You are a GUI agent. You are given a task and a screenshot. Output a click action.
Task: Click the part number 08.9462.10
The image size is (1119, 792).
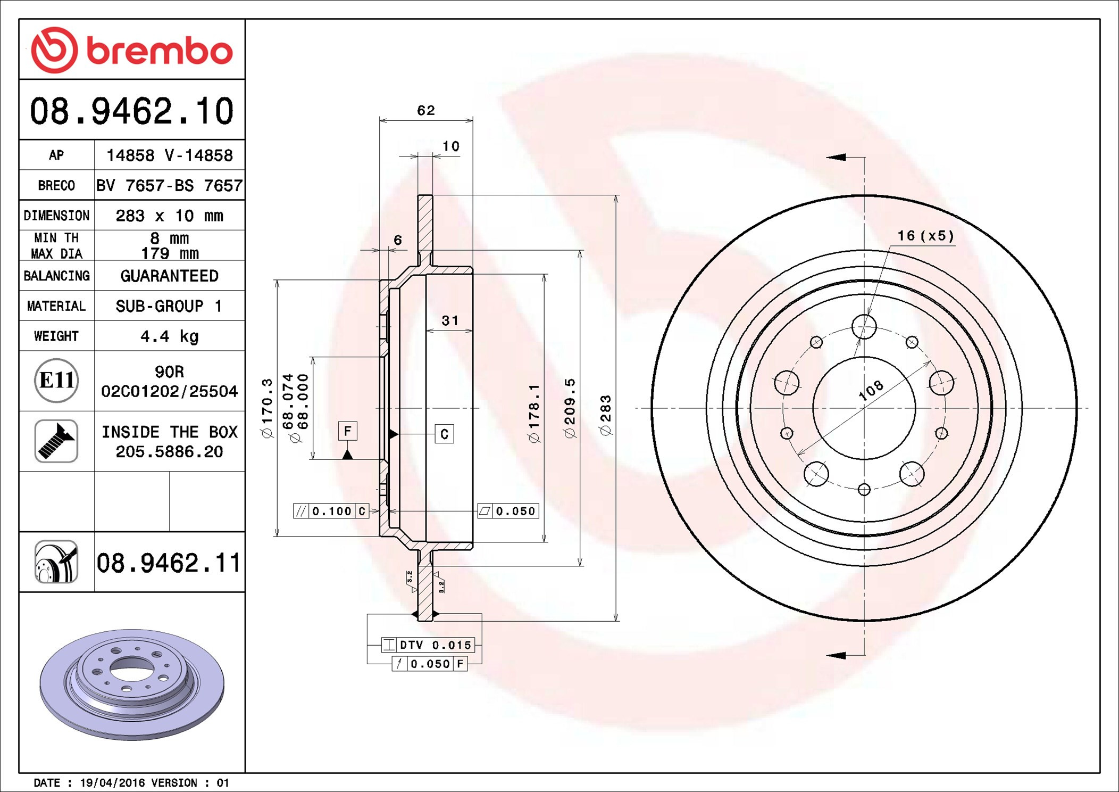(x=131, y=111)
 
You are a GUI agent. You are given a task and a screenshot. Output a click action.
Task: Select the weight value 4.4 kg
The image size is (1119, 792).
(x=169, y=336)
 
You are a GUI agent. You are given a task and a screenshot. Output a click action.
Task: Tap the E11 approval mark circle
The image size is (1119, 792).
(x=56, y=381)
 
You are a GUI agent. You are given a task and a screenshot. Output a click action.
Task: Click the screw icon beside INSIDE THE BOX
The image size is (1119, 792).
(x=56, y=441)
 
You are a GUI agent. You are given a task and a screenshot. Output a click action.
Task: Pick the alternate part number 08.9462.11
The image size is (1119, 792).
(x=169, y=563)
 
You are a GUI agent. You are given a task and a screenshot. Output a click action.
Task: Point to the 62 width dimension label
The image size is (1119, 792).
(x=425, y=110)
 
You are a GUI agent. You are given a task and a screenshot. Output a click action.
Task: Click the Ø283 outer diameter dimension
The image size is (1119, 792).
(x=606, y=416)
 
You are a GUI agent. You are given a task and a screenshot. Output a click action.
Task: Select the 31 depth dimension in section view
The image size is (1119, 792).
(x=449, y=320)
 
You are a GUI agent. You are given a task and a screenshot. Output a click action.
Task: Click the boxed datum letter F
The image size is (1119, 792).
(x=347, y=431)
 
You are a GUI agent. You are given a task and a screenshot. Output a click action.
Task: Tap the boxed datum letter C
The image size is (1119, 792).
(x=444, y=434)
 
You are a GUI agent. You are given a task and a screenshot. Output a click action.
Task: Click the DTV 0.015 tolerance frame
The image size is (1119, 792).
(x=428, y=645)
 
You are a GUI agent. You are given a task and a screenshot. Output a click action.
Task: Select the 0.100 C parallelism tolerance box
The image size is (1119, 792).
(x=331, y=511)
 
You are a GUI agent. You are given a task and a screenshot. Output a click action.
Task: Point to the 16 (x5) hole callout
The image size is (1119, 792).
(x=925, y=235)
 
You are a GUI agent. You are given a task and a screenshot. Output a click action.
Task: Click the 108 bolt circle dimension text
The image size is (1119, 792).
(x=871, y=390)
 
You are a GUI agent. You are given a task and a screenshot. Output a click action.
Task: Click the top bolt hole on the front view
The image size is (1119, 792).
(x=864, y=326)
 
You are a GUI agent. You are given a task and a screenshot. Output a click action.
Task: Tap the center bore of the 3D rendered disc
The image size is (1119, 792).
(x=131, y=665)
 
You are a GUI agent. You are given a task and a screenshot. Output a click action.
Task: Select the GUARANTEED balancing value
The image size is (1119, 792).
(x=169, y=276)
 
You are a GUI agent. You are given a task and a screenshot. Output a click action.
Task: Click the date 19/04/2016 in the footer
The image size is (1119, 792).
(x=112, y=783)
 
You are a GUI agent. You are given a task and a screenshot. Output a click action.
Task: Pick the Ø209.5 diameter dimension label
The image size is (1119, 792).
(x=570, y=409)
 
